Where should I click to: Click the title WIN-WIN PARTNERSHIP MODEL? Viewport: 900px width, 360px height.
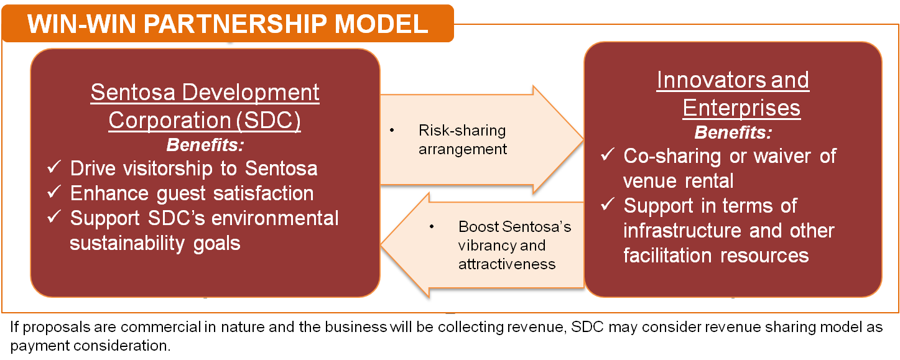(228, 23)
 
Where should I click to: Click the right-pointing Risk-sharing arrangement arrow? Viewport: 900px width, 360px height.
(482, 140)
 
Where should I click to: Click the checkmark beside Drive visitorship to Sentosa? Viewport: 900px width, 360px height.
(54, 168)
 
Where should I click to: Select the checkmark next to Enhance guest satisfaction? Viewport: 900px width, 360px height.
(54, 193)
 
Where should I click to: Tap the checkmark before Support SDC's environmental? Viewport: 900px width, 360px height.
(54, 218)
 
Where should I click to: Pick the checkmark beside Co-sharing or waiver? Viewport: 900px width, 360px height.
(608, 155)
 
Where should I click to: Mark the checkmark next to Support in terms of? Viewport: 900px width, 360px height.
(608, 205)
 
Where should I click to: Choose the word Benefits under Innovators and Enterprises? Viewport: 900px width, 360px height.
(733, 132)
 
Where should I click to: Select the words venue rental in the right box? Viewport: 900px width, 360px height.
(679, 180)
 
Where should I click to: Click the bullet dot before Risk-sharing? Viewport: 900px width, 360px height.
(392, 131)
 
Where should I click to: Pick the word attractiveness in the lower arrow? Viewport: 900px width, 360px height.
(507, 264)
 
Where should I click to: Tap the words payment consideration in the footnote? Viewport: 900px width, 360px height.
(90, 345)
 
